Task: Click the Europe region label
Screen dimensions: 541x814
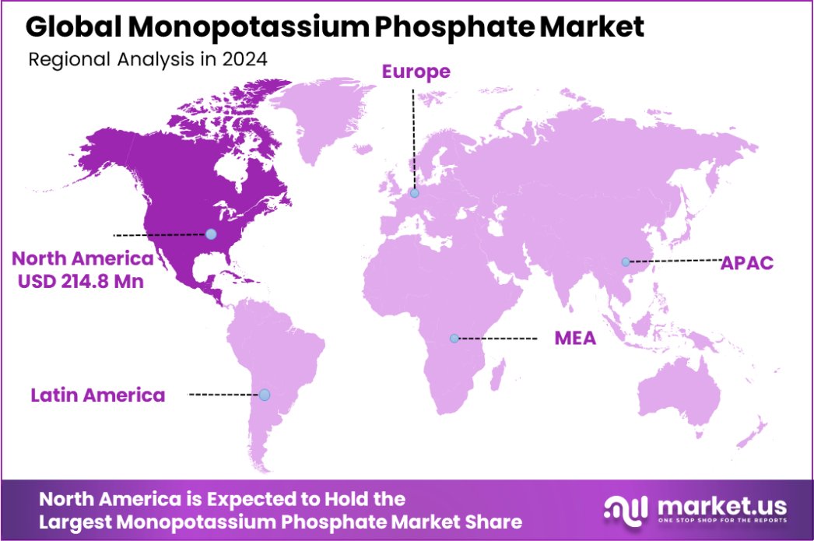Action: [x=416, y=72]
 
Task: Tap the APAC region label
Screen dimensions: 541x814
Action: [x=747, y=262]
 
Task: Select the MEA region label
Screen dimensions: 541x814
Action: [x=575, y=339]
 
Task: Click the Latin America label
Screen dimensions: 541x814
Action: [x=98, y=395]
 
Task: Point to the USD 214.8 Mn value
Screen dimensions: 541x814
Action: [x=80, y=282]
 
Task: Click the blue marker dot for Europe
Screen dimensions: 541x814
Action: [x=414, y=193]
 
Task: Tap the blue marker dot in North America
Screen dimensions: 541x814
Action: [x=210, y=234]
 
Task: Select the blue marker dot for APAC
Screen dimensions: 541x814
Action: [x=626, y=262]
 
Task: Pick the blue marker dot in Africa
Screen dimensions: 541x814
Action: [x=454, y=339]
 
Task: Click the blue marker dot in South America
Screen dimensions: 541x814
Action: [x=265, y=395]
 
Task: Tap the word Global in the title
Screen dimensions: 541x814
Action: [x=72, y=27]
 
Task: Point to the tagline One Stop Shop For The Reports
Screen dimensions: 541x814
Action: [x=723, y=520]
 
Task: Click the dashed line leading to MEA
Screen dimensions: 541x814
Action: [x=498, y=339]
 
